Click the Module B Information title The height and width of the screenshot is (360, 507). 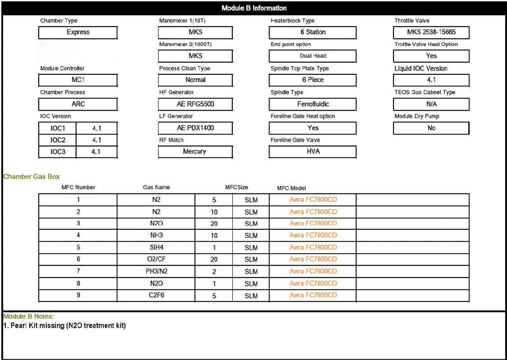click(x=253, y=8)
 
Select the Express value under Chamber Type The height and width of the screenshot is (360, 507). click(x=78, y=32)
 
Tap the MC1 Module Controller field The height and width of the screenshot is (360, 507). click(x=78, y=80)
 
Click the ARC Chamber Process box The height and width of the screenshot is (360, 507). click(x=78, y=104)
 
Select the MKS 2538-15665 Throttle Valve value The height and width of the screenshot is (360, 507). click(x=431, y=32)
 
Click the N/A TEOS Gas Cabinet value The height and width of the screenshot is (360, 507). click(x=431, y=104)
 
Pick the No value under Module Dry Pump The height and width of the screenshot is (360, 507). click(x=431, y=128)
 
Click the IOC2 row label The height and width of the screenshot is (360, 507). click(x=58, y=140)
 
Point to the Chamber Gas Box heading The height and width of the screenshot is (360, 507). click(x=32, y=176)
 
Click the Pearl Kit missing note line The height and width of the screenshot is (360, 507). click(x=64, y=326)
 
